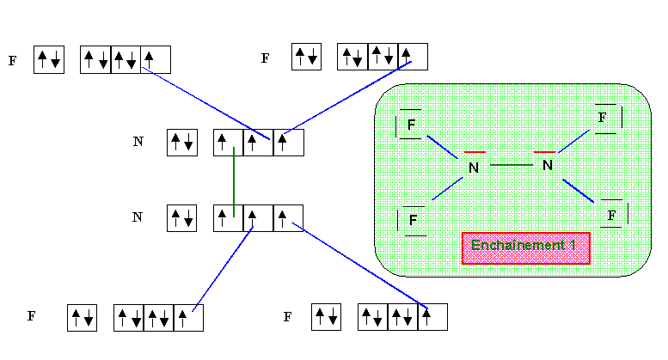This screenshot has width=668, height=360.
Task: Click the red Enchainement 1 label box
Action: [x=525, y=247]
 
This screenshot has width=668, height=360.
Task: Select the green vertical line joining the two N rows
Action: [x=234, y=182]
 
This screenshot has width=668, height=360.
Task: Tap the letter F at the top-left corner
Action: [x=12, y=61]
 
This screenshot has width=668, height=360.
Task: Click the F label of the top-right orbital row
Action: [x=265, y=58]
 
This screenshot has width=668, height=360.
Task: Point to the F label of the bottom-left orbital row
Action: [x=31, y=316]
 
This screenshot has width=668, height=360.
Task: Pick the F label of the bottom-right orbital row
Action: [x=287, y=317]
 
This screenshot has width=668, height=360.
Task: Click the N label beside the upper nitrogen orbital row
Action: [x=138, y=142]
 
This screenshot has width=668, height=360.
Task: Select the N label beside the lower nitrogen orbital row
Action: [x=137, y=217]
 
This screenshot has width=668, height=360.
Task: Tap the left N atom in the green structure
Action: [x=473, y=168]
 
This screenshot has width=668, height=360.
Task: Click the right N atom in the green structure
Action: [x=547, y=163]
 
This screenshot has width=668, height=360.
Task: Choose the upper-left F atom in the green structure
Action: [x=412, y=125]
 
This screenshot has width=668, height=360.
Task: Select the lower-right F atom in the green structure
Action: [x=611, y=214]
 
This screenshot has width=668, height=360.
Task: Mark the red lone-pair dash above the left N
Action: [x=475, y=152]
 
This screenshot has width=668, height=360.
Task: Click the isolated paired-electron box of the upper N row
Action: [x=182, y=142]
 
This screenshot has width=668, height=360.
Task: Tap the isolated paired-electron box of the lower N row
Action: [x=182, y=217]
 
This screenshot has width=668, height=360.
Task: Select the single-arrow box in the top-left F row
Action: [x=155, y=59]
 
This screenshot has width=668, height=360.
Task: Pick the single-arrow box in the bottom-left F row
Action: [x=188, y=317]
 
